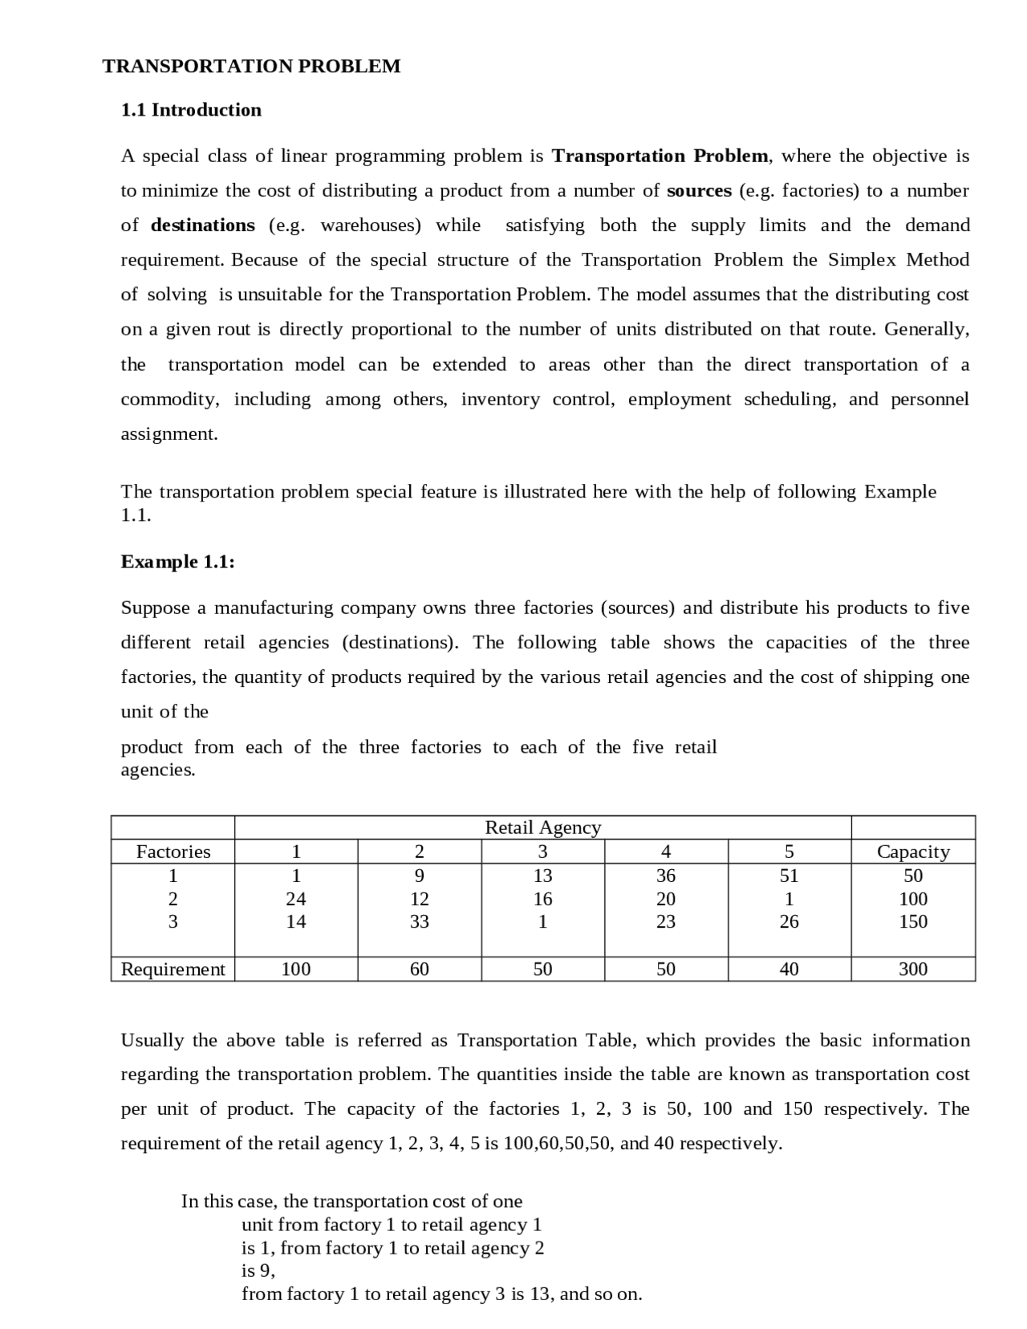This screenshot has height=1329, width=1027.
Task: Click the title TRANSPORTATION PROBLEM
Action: click(x=251, y=67)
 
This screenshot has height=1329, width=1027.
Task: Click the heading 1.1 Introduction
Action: click(x=191, y=110)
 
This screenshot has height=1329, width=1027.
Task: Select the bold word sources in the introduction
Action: click(x=699, y=191)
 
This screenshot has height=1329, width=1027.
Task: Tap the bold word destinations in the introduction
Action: click(x=203, y=226)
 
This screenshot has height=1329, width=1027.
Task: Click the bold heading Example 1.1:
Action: click(x=177, y=562)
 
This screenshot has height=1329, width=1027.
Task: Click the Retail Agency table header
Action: click(x=542, y=827)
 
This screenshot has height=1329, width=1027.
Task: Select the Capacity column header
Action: click(x=912, y=851)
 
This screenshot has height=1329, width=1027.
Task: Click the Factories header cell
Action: click(x=173, y=851)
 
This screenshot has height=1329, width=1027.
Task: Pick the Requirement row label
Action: click(x=173, y=969)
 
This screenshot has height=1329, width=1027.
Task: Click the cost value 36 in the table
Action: click(x=665, y=876)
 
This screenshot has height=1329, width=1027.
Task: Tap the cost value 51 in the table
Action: click(x=789, y=876)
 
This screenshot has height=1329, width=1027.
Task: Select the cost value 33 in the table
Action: click(x=419, y=922)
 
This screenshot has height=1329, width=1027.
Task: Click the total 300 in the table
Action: click(x=912, y=969)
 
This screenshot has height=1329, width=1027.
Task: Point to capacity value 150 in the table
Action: click(x=912, y=922)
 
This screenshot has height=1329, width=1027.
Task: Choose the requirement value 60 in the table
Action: click(x=419, y=969)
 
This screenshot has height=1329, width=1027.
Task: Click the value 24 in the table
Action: click(x=296, y=899)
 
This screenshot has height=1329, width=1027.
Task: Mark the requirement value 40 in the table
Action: click(x=789, y=969)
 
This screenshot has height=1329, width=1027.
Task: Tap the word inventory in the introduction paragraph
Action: click(x=500, y=400)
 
